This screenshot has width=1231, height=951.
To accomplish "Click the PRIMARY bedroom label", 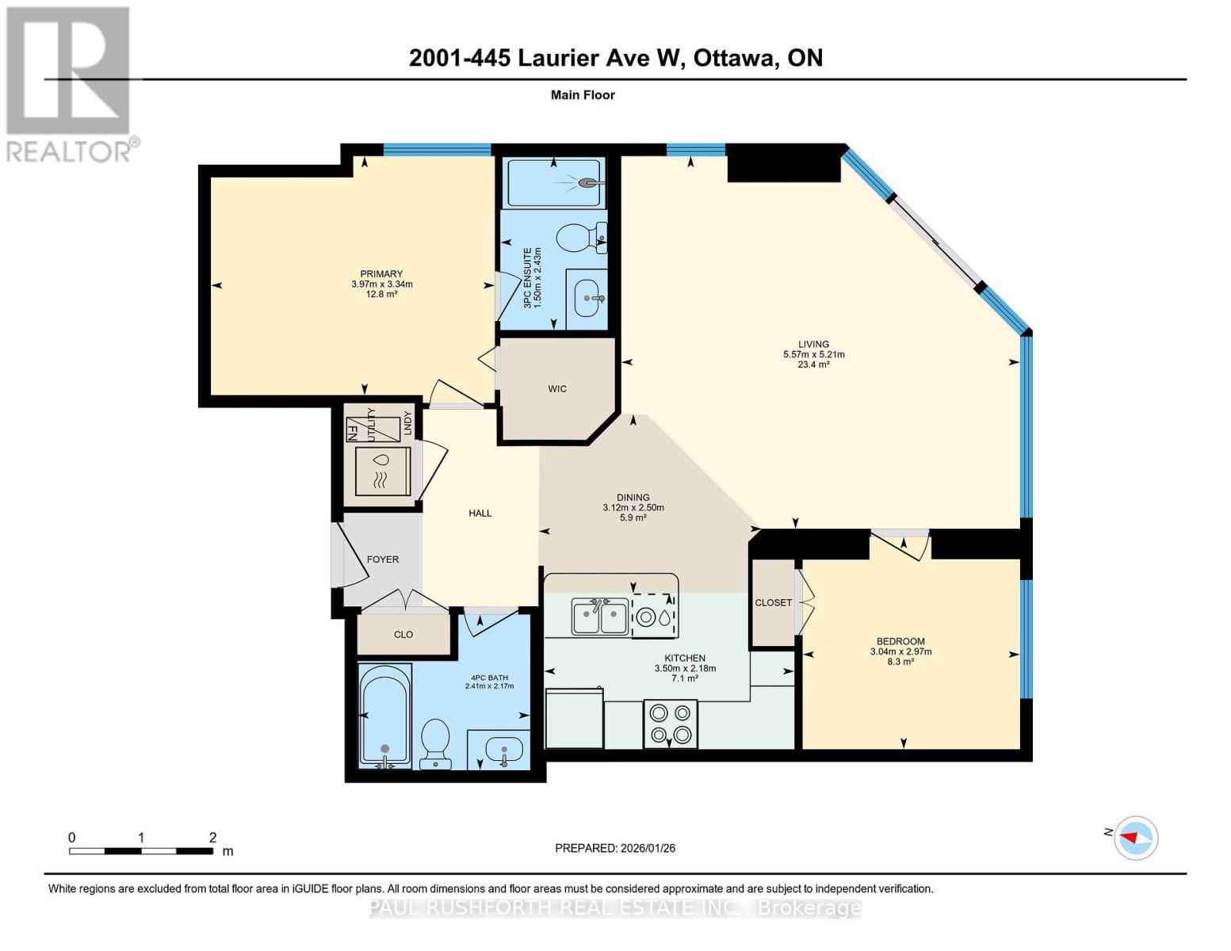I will pos(381,274).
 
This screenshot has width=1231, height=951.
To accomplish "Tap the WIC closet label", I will pos(557,389).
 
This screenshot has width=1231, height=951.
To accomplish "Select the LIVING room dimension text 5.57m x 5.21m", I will pos(813,354).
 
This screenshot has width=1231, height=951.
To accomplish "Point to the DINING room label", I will pos(633,498).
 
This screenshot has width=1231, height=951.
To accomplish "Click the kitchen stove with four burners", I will pos(671,724).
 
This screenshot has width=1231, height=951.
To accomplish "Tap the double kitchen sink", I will pos(600,617).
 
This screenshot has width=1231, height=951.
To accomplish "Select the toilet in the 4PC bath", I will pos(435,743).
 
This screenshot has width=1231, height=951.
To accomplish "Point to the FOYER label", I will pos(383,560).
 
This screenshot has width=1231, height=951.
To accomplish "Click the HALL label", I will pos(480,514).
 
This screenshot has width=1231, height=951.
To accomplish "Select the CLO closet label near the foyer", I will pos(403,635).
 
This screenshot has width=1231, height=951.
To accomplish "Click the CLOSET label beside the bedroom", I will pos(773,602).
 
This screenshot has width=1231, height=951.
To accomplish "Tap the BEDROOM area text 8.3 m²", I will pos(900,662).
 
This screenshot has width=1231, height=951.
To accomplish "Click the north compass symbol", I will pos(1136,838).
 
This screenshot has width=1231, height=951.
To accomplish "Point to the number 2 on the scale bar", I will pos(212,838).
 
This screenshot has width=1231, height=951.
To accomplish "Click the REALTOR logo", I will pos(70,84).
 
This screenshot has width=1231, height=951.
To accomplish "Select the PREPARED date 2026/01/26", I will pos(615,848).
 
